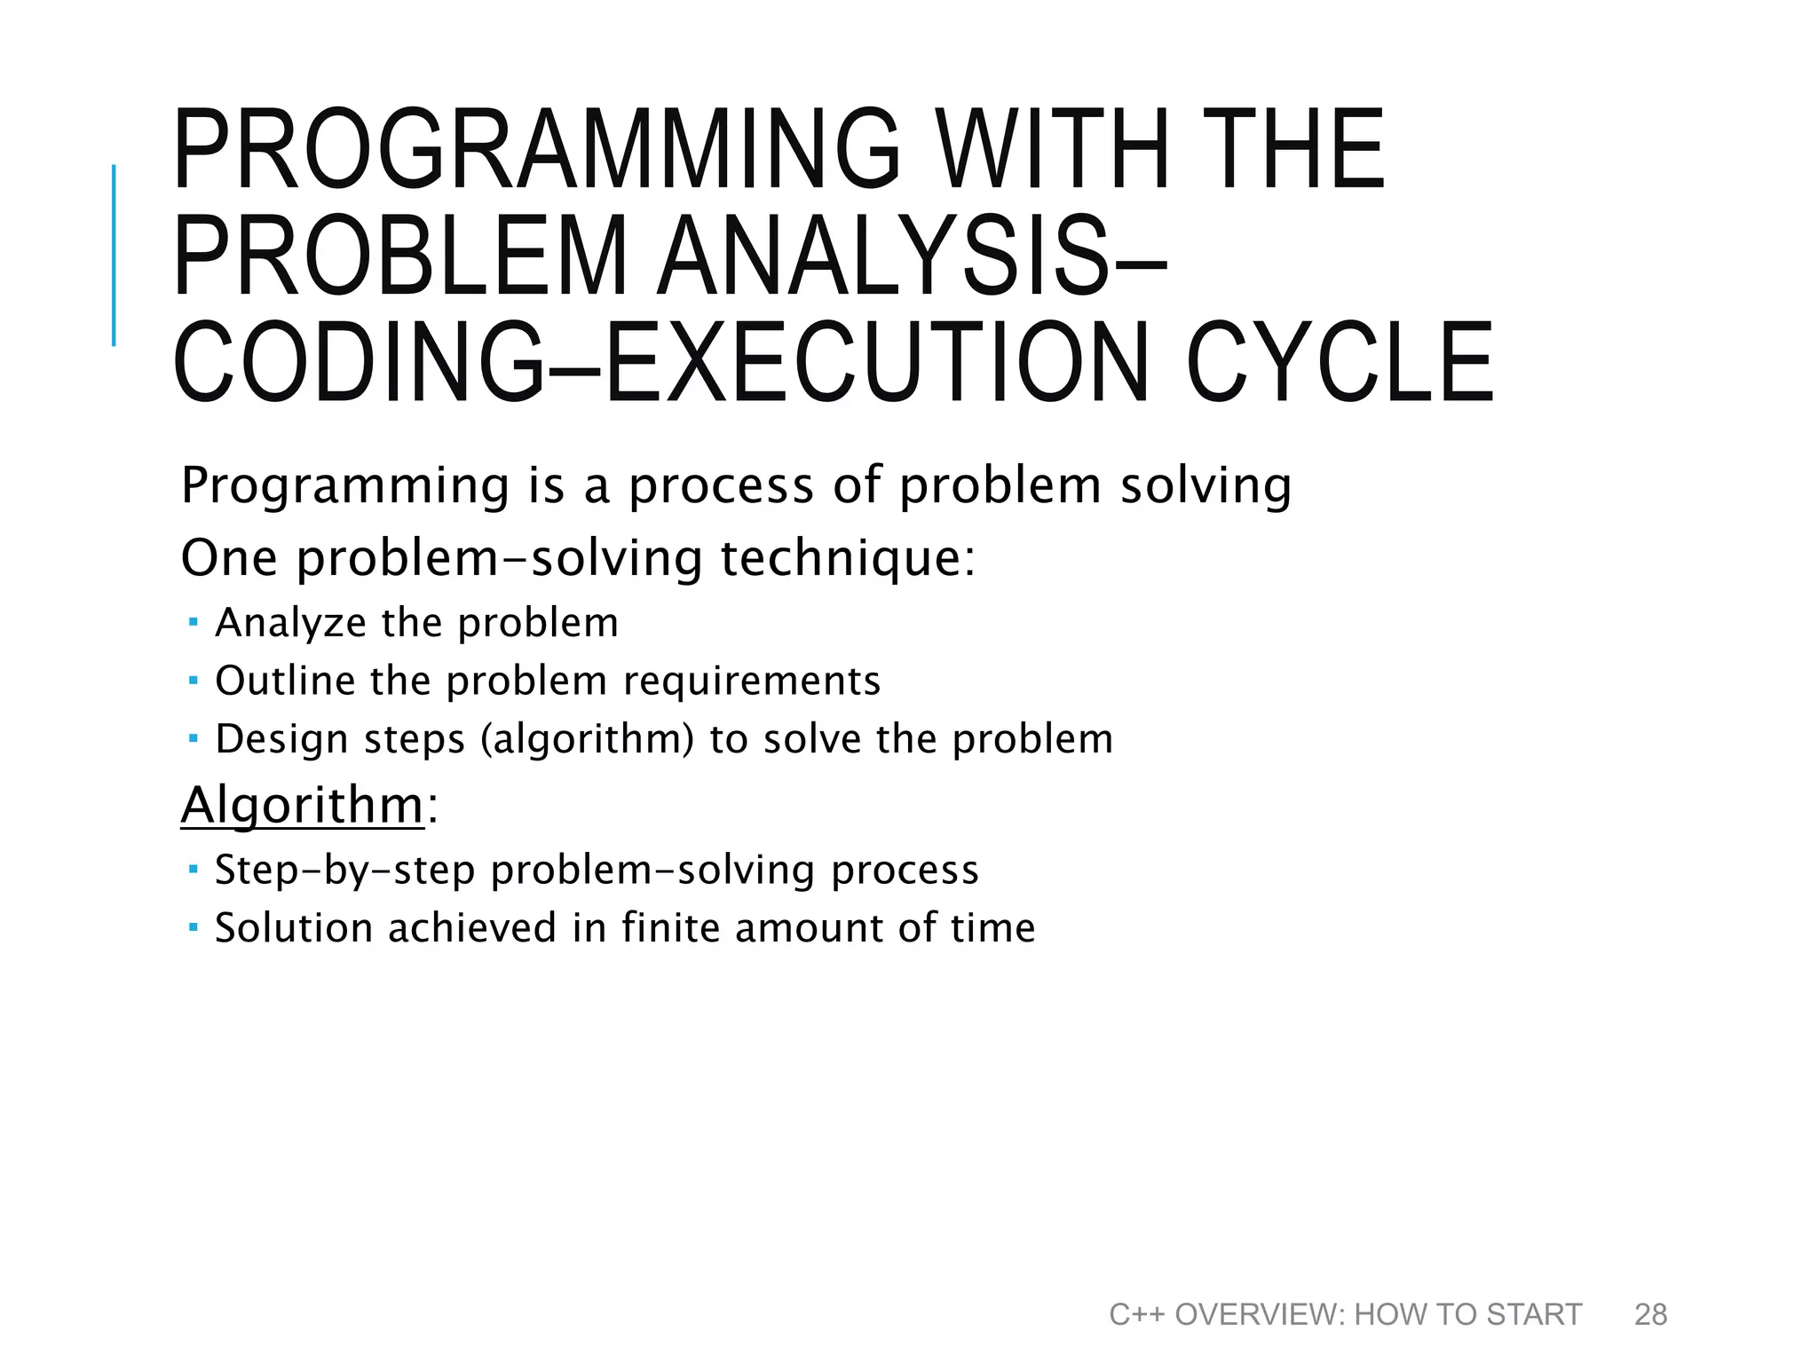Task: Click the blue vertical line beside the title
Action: [x=114, y=256]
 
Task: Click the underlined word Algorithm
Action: [x=303, y=805]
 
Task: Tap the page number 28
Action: [x=1650, y=1314]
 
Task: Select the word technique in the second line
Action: [x=847, y=559]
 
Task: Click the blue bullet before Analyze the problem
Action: [x=194, y=622]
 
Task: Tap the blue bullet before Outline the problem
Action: [x=194, y=681]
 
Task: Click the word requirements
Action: [x=752, y=681]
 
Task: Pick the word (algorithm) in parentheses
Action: [x=587, y=739]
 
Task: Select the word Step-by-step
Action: [x=345, y=871]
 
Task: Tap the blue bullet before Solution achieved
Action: [x=194, y=927]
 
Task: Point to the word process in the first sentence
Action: [x=721, y=486]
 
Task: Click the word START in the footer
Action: [x=1533, y=1314]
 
